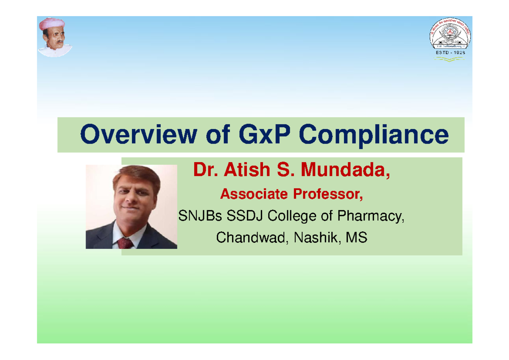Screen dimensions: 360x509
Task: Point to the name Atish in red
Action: pos(247,170)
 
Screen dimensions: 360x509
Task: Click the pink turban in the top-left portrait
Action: pos(52,24)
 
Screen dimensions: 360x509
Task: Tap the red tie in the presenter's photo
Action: pos(125,243)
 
